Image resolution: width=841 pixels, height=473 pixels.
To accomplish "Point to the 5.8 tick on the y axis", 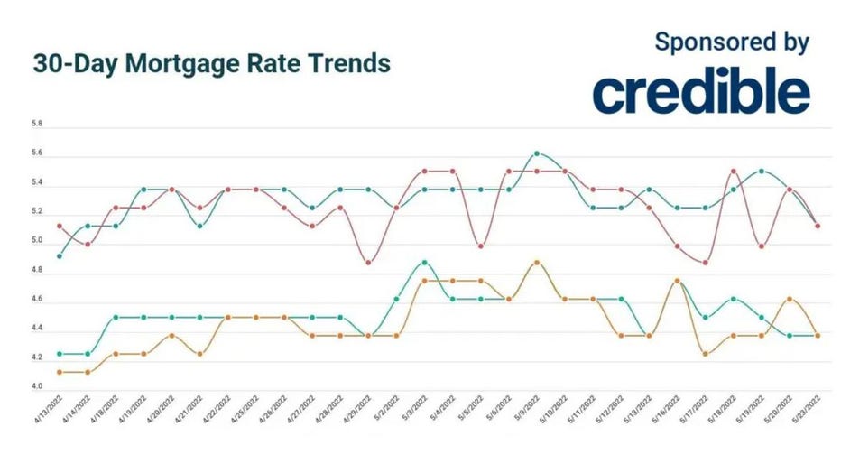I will coord(36,125).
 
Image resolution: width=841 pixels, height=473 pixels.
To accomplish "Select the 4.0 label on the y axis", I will coord(36,387).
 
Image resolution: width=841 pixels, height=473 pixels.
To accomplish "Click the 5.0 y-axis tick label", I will coord(36,241).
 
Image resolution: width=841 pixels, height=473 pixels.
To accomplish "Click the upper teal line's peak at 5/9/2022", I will coord(537,153).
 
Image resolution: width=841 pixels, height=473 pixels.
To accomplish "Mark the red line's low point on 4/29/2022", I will coord(368,263).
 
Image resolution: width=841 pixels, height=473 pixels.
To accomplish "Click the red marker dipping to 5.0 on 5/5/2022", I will coord(481,246).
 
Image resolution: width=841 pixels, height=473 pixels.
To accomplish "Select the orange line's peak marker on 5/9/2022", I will coord(537,263).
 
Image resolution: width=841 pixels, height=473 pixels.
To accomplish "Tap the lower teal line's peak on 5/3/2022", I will coord(424,263).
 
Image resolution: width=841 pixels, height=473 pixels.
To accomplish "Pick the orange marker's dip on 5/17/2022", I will coord(705,354).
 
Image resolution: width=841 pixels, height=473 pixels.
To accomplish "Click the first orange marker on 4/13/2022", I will coord(60,372).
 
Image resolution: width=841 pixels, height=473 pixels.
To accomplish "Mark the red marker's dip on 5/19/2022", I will coord(762,246).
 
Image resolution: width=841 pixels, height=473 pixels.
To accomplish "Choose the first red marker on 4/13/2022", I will coord(60,226).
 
